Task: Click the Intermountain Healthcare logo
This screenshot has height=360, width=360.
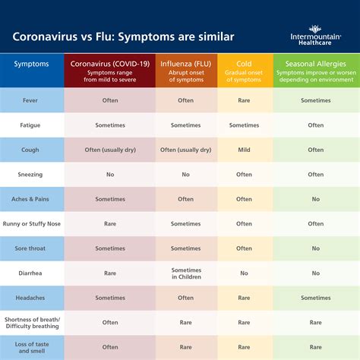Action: click(314, 37)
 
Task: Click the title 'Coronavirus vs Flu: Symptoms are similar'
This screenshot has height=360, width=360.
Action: click(124, 36)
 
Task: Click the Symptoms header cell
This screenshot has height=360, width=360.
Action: click(32, 64)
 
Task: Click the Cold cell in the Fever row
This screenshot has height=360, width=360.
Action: click(244, 100)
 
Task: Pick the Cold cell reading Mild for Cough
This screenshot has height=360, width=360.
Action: click(244, 150)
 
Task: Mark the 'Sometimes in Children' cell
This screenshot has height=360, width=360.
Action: click(186, 273)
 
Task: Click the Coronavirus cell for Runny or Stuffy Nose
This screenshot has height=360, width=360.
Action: click(109, 223)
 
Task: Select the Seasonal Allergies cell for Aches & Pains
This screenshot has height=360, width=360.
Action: click(315, 199)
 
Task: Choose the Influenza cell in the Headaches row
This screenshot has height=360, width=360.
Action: click(186, 298)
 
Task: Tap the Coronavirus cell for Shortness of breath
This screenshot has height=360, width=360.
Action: click(109, 322)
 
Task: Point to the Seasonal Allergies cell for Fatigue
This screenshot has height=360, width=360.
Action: click(315, 125)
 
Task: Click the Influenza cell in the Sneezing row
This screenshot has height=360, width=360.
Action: click(186, 174)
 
